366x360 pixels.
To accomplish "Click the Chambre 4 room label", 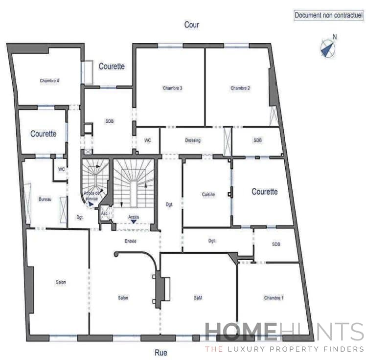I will coord(49,81).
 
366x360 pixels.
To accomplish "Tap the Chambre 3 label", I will coord(172,88).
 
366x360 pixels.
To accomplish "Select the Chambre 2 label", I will coord(240,88).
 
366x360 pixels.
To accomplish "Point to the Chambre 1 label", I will coord(273,298).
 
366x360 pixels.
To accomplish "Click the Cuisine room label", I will coord(208,194).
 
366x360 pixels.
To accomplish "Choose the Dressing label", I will coord(192,140).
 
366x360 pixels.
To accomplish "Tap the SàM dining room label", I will coord(198,298).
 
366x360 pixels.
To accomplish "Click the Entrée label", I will coord(130,241).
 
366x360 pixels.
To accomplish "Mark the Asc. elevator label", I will coord(104,214).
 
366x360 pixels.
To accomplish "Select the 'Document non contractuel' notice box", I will coord(328,15).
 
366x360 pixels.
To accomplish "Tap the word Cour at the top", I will coord(191,24).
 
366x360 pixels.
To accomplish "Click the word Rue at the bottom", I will coord(161,351).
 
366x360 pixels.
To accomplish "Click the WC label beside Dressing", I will coord(147,140).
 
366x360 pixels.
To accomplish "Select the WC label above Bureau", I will coord(61,169).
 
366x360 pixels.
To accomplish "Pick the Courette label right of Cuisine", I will coord(264,192).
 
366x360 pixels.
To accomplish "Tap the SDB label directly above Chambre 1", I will coord(275,244).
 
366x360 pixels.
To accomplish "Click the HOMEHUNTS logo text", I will coord(284,332).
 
